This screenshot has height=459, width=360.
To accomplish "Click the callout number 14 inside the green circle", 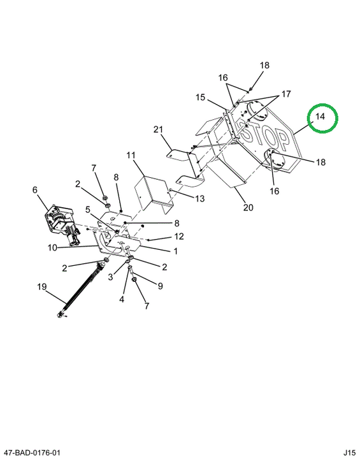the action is [320, 117].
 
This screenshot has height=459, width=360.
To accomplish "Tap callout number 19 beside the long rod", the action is [42, 287].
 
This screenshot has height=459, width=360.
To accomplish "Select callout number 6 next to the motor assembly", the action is [35, 190].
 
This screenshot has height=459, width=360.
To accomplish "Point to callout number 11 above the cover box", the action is [131, 155].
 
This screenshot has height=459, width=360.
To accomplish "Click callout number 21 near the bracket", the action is [158, 129].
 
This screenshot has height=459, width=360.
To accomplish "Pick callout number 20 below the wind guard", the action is [248, 207].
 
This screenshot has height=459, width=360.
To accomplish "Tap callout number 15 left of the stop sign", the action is [201, 97].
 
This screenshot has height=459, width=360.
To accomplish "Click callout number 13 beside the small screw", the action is [200, 198].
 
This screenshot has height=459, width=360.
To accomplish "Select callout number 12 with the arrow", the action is [179, 236].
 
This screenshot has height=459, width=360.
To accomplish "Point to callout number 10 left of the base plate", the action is [52, 247].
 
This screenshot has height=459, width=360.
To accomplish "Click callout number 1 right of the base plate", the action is [176, 251].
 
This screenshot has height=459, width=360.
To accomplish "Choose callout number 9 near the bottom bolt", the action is [160, 286].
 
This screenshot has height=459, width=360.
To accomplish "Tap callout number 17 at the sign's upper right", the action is [286, 94].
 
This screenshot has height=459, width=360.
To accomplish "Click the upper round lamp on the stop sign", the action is [257, 110].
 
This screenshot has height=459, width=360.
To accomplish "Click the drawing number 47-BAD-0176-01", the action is [31, 453].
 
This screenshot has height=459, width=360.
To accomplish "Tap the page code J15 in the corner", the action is [349, 453].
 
